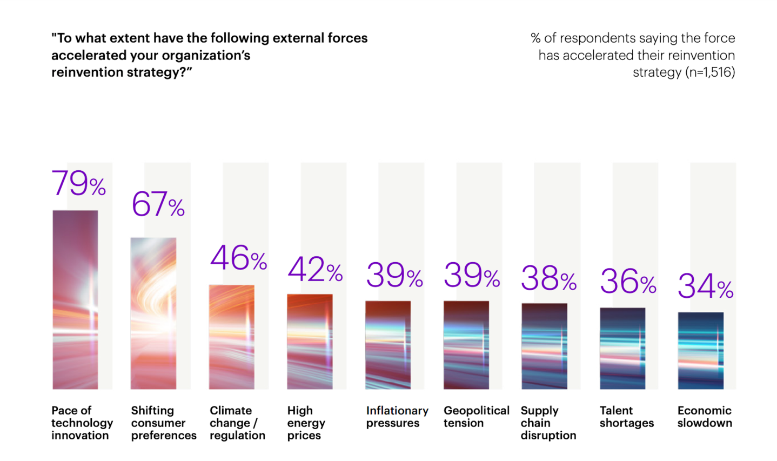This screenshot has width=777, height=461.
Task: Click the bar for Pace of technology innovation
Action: tap(75, 299)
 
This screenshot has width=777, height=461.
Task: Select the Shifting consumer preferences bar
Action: tap(153, 313)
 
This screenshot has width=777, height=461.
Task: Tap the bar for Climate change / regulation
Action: tap(231, 337)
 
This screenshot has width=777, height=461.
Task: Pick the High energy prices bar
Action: tap(310, 342)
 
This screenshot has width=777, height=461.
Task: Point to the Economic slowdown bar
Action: tap(700, 351)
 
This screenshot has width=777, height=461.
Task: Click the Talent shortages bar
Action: tap(622, 349)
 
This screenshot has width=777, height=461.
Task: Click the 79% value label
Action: tap(78, 183)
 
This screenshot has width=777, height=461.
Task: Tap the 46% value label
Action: tap(238, 258)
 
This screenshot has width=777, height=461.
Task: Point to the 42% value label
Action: tap(315, 269)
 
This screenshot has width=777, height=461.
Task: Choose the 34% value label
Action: tap(705, 286)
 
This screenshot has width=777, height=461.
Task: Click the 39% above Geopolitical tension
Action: tap(471, 275)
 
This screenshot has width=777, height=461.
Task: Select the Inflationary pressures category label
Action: tap(397, 417)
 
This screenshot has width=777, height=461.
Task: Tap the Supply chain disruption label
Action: tap(548, 423)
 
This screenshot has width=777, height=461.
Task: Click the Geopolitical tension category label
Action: tap(476, 417)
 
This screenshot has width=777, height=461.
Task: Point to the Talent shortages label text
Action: tap(626, 417)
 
